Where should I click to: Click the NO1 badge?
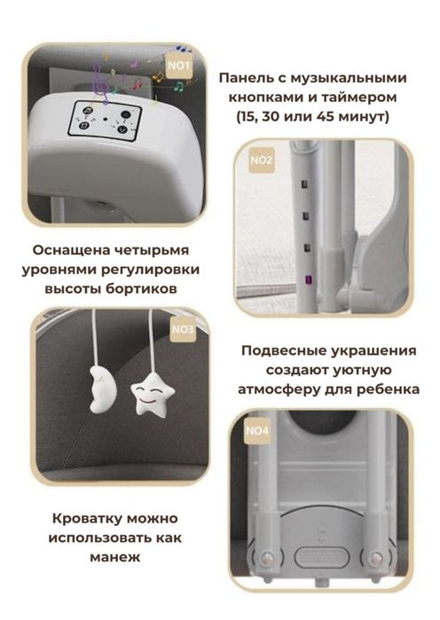[179, 66]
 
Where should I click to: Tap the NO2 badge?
[262, 161]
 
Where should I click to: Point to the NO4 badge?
[256, 433]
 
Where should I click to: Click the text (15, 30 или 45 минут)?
[314, 116]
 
